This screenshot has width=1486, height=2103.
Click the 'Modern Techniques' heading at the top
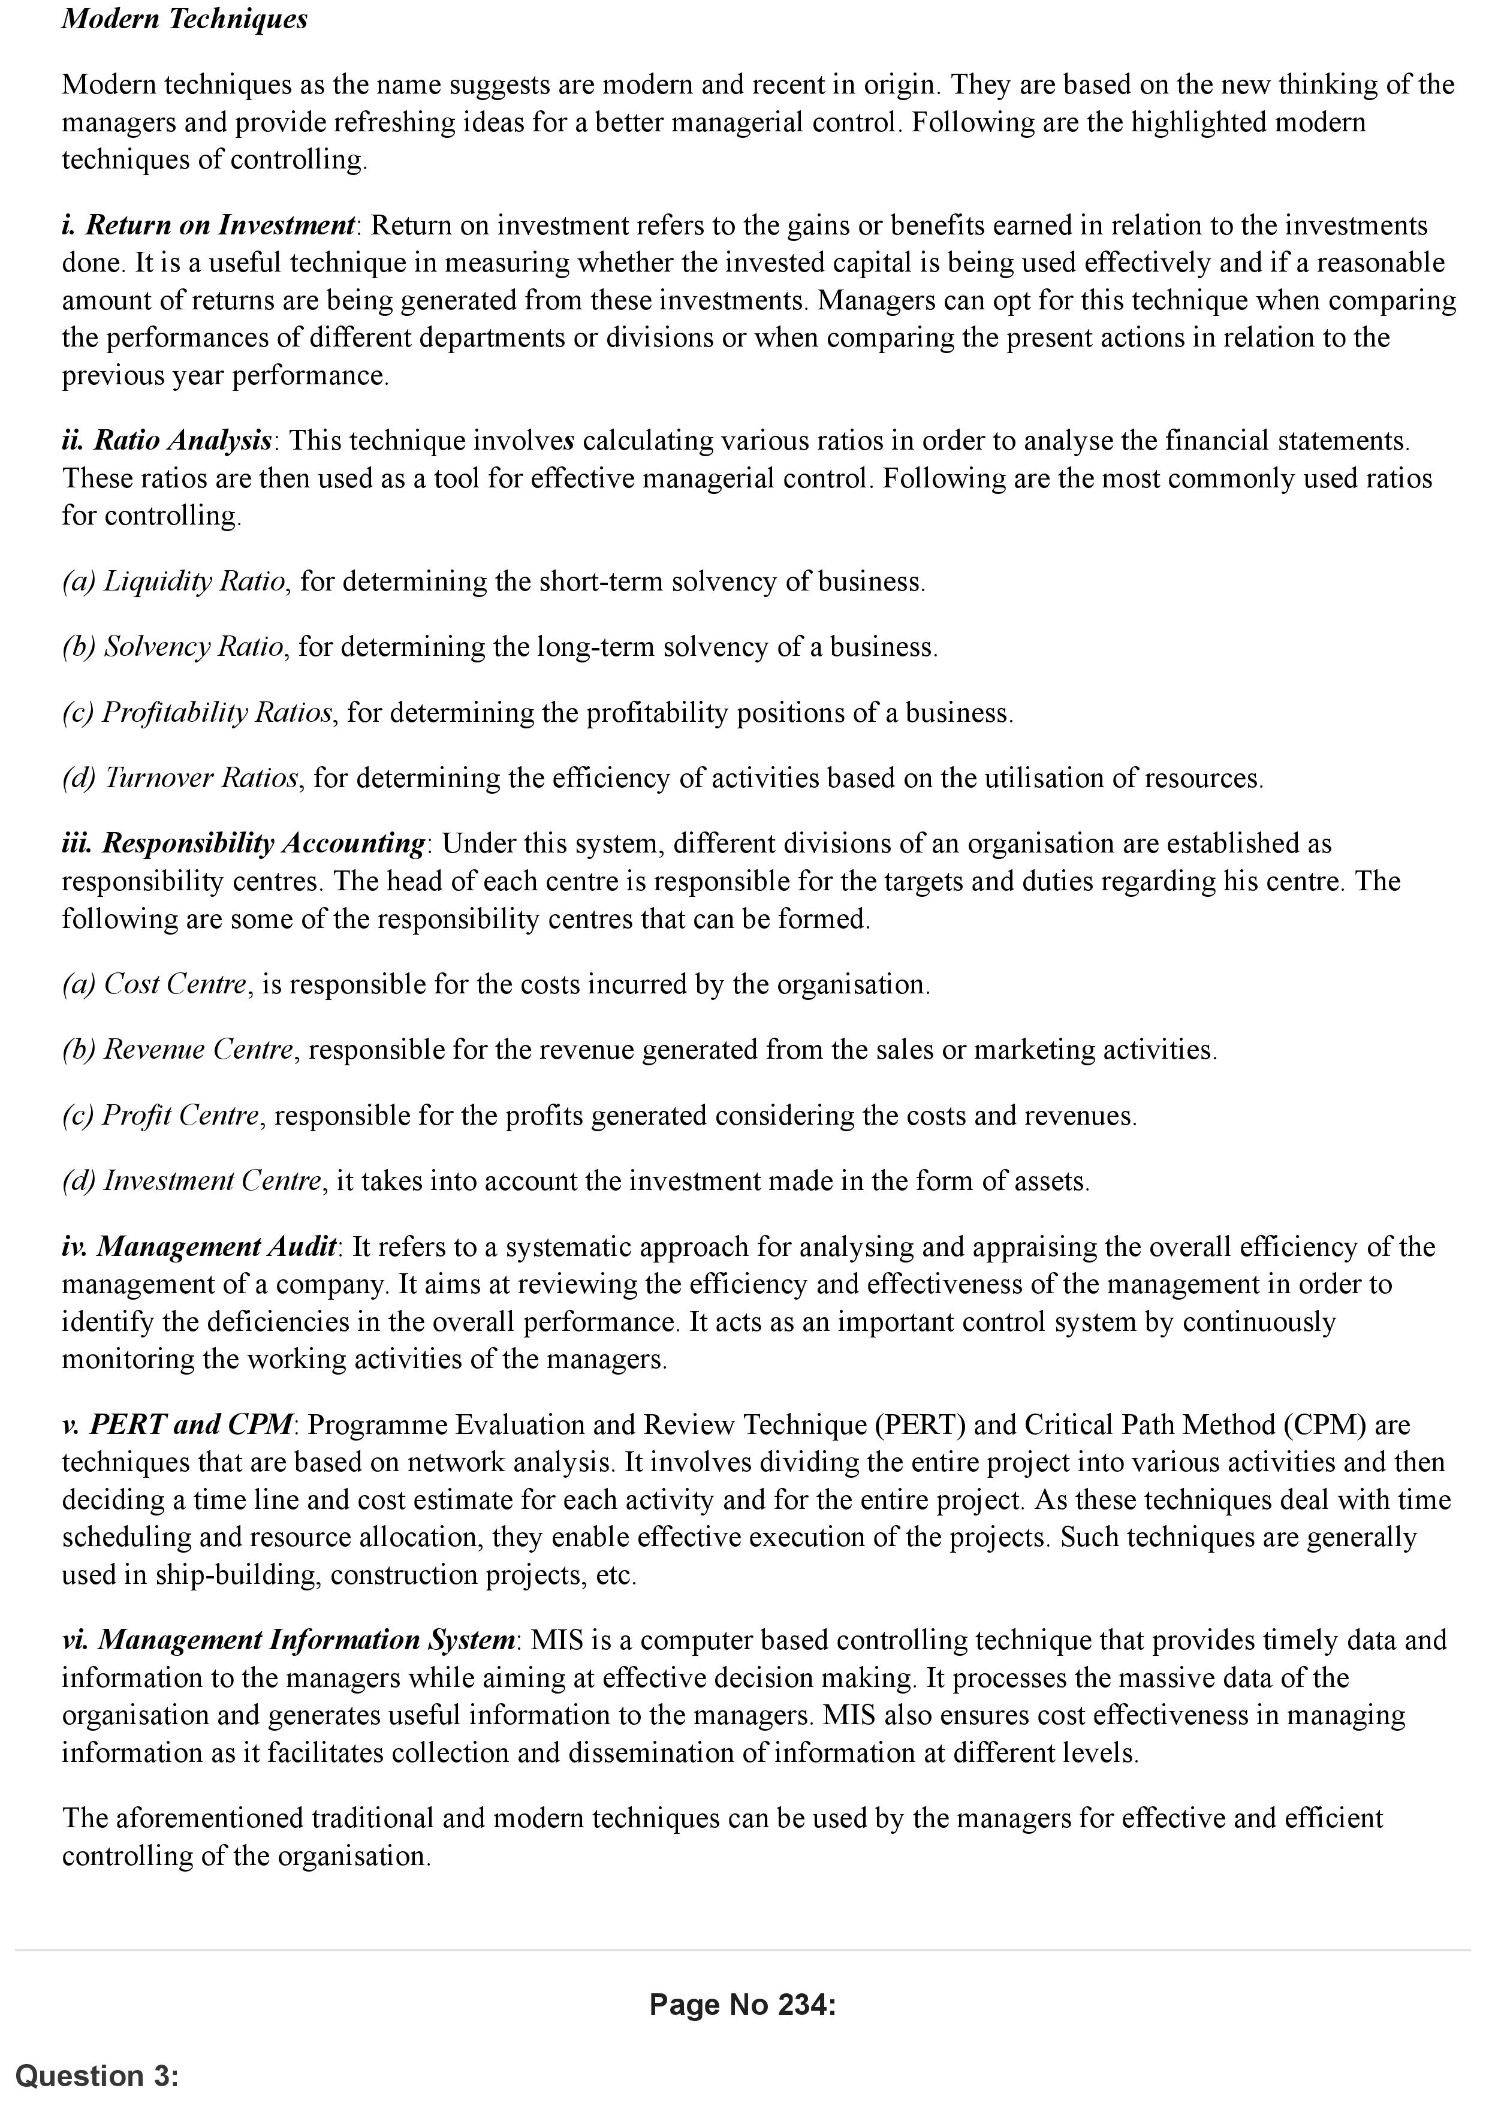184,19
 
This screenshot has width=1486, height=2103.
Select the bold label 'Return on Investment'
220,225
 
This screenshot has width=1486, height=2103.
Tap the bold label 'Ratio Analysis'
183,441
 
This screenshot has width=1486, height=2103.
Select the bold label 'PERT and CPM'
191,1425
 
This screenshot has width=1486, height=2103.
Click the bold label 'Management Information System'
306,1640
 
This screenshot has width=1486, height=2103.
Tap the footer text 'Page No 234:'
743,2005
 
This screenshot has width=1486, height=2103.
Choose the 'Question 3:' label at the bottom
97,2075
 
